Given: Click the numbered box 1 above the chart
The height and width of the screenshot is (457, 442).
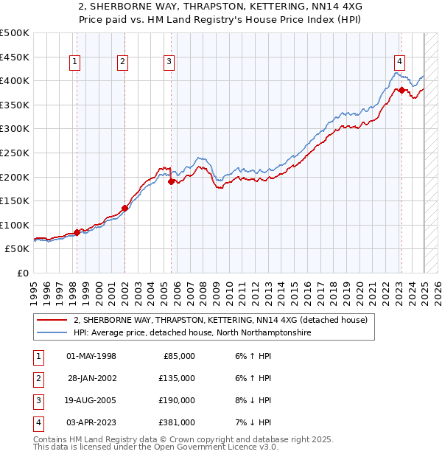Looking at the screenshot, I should click(75, 63).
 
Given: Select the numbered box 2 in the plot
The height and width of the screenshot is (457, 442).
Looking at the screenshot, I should click(123, 63).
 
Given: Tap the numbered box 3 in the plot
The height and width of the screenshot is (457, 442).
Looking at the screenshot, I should click(169, 63).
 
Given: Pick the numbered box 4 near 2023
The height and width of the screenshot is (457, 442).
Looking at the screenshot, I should click(399, 63).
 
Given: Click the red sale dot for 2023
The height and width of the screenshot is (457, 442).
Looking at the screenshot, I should click(402, 91).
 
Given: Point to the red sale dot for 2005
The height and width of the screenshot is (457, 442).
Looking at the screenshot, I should click(172, 181).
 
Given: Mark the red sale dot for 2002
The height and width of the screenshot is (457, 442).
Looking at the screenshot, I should click(124, 208).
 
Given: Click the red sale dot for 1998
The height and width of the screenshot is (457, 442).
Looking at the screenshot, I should click(77, 232).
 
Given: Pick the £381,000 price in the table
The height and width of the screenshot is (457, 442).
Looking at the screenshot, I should click(177, 423).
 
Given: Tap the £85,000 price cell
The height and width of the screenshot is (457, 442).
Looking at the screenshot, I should click(179, 357).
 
